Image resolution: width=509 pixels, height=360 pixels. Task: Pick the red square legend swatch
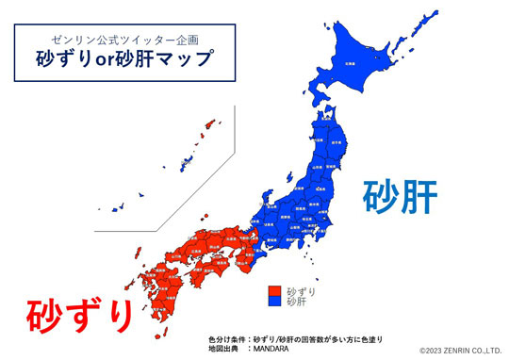(274, 291)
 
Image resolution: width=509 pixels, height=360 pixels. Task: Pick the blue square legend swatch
(274, 303)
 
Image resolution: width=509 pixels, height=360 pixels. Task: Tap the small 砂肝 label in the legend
(295, 303)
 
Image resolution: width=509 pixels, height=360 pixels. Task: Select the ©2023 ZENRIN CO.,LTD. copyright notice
(461, 350)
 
